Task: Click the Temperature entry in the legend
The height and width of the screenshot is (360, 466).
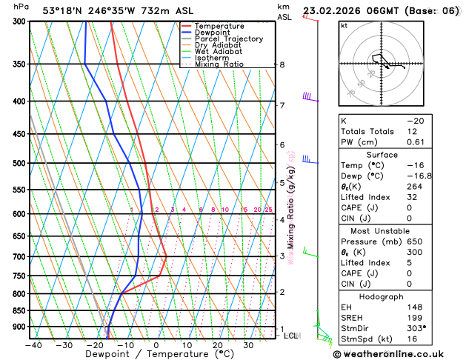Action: click(x=221, y=26)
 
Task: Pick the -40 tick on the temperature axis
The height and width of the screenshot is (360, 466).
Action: click(x=33, y=345)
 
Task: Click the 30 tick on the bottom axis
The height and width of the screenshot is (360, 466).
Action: click(x=248, y=345)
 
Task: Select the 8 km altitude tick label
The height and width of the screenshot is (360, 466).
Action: click(x=282, y=64)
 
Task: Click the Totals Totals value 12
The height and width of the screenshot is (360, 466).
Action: click(x=413, y=131)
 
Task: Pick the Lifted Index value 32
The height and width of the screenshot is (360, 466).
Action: click(x=413, y=198)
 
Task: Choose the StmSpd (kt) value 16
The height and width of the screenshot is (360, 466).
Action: click(x=413, y=339)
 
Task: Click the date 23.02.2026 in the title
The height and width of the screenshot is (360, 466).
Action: click(x=331, y=11)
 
